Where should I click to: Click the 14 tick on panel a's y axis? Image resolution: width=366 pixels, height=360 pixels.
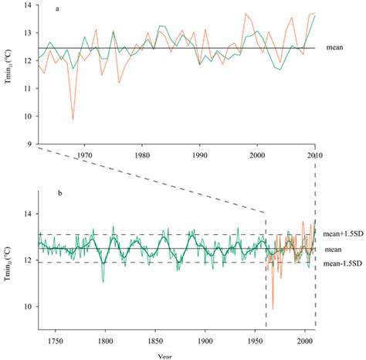click(29, 6)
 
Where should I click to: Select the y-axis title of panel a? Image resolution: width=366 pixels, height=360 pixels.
click(9, 75)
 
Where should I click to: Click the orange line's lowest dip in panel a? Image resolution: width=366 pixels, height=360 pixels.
click(73, 119)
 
